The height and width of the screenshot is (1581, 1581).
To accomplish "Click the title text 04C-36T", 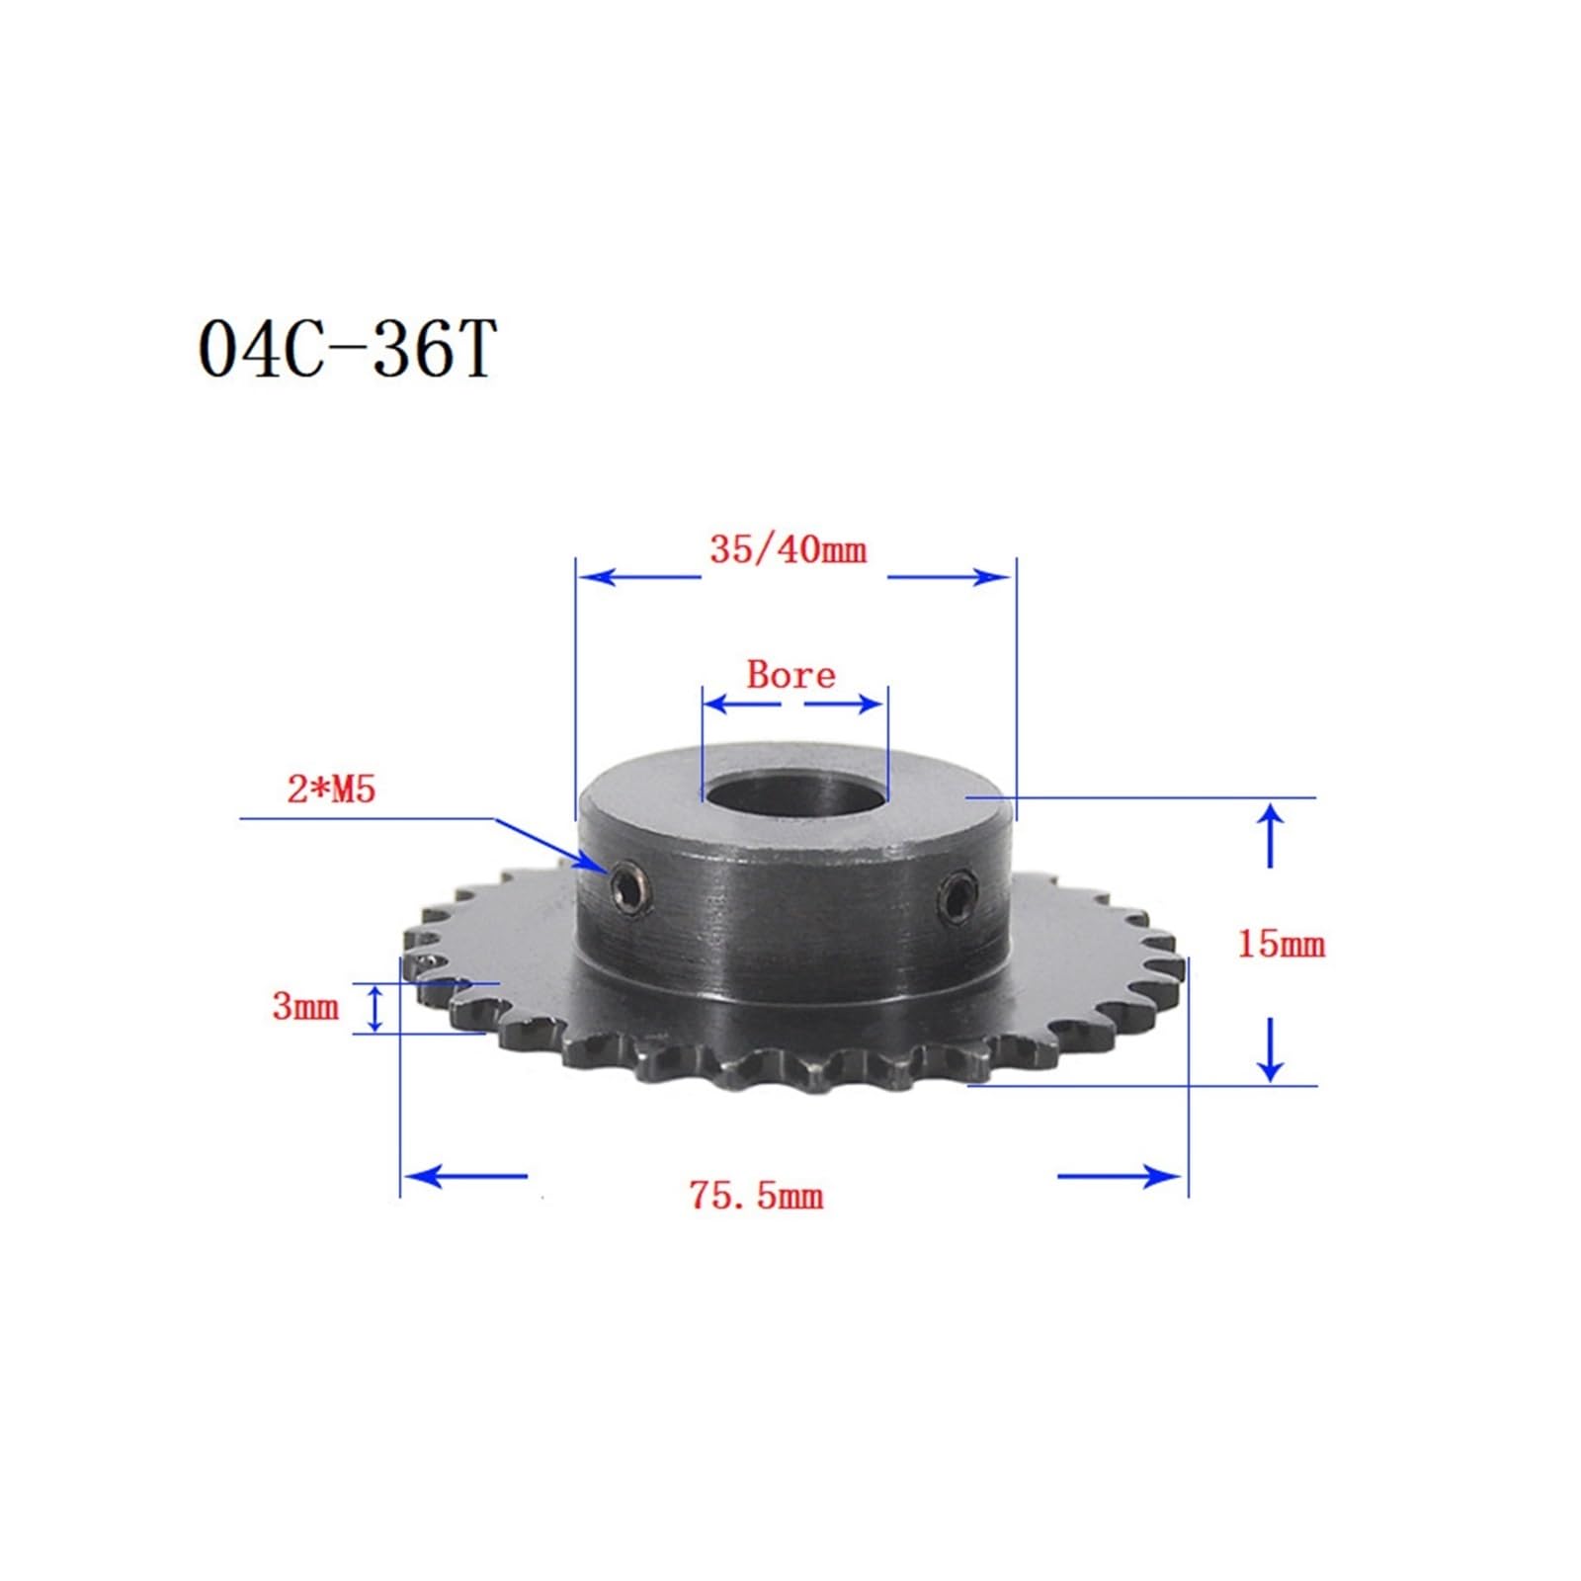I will pos(345,350).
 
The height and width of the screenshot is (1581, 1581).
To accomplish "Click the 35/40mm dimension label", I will pos(788,550).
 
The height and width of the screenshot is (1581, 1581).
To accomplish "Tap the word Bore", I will pos(790,675).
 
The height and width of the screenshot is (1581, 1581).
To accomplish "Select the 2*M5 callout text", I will pos(331,790).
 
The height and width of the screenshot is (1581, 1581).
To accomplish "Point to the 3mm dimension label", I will pos(305,1008).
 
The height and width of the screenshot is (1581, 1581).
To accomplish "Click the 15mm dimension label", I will pos(1281,945).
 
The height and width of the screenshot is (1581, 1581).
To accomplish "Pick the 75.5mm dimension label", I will pos(756,1197).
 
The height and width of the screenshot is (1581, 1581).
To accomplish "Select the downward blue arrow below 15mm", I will pos(1272,1051).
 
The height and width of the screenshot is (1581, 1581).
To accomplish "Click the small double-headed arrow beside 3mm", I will pos(374,1008).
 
